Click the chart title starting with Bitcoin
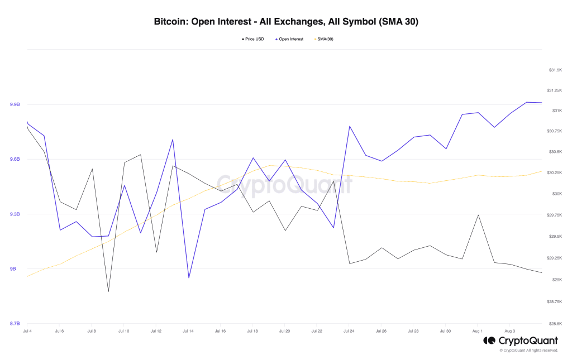click(x=286, y=22)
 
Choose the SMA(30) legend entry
click(x=325, y=39)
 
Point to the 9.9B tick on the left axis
click(x=15, y=104)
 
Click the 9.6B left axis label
click(x=15, y=159)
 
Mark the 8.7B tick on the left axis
click(x=15, y=324)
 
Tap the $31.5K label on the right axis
click(x=555, y=70)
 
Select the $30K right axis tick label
click(x=556, y=194)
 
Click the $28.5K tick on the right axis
click(x=555, y=324)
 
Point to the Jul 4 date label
click(x=27, y=331)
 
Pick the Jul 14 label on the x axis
click(x=188, y=331)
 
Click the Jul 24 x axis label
click(x=349, y=331)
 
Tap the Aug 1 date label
click(x=478, y=331)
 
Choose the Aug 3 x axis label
click(x=510, y=331)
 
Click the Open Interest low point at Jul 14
click(x=189, y=277)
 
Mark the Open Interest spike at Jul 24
click(x=349, y=126)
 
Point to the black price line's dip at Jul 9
click(x=108, y=291)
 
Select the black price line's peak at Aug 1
click(x=478, y=215)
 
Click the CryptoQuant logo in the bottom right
click(x=520, y=340)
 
